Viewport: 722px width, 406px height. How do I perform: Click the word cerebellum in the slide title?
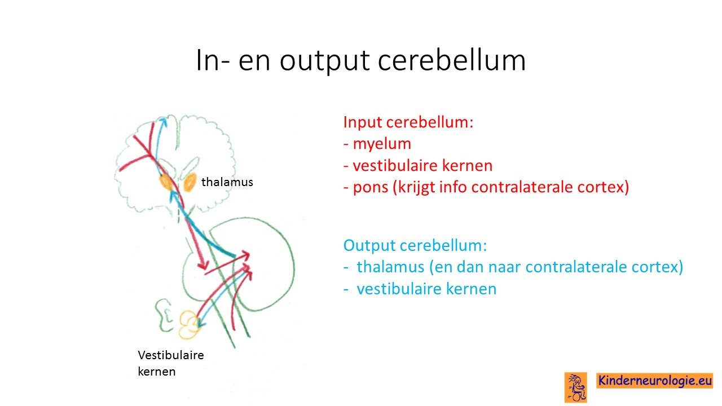[x=452, y=60]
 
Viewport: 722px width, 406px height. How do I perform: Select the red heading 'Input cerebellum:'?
[x=408, y=122]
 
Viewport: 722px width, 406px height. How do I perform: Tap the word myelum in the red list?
[x=382, y=144]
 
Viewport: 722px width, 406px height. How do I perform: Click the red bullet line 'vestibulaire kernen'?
[x=418, y=166]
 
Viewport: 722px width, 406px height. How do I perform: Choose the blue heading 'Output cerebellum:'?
[x=415, y=245]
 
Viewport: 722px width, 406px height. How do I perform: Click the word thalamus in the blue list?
[x=390, y=267]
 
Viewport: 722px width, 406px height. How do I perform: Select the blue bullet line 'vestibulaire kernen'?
[x=420, y=289]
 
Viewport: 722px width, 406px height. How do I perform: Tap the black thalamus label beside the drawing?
[x=227, y=182]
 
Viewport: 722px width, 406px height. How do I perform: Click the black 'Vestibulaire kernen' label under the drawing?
[x=171, y=363]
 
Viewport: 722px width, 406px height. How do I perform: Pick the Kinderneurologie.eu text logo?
[x=655, y=380]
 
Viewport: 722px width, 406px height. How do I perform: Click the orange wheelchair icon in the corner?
[x=576, y=387]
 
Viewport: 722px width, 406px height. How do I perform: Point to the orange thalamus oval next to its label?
[x=190, y=182]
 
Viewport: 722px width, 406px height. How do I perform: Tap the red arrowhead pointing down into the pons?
[x=203, y=265]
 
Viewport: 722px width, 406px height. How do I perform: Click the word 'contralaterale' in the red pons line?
[x=522, y=187]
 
